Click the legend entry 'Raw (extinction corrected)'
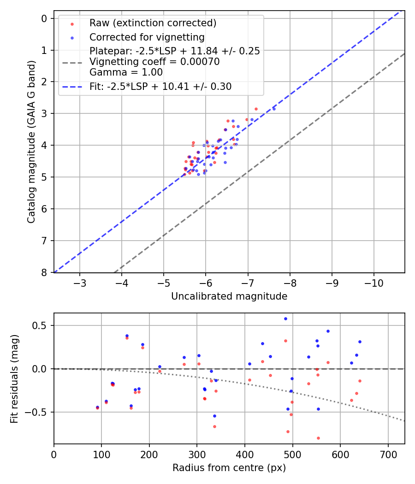[x=153, y=23]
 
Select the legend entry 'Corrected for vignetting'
[x=147, y=37]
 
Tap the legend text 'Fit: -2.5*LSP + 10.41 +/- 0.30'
[x=160, y=86]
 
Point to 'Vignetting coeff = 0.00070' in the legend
[x=154, y=62]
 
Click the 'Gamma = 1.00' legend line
[x=126, y=72]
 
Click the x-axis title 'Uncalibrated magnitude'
[x=229, y=296]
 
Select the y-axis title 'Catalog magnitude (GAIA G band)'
[x=31, y=141]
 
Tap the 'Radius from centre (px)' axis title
[x=229, y=468]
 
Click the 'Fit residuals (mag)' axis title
[x=15, y=378]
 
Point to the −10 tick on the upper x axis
[x=373, y=282]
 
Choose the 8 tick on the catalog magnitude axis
[x=44, y=272]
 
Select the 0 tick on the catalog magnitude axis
[x=44, y=18]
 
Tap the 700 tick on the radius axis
[x=388, y=454]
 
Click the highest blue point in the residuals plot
[x=285, y=319]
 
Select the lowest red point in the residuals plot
[x=318, y=438]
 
